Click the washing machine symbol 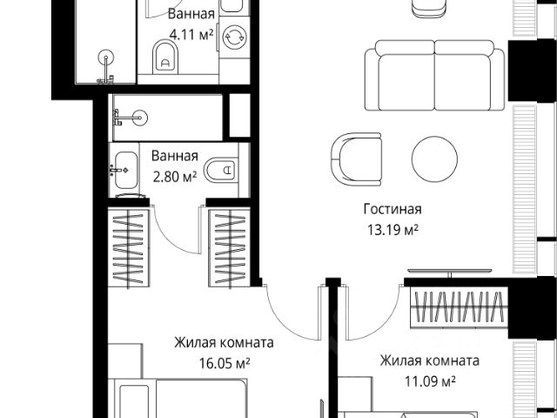[234, 37]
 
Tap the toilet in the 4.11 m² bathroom [165, 57]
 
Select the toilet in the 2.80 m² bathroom [221, 170]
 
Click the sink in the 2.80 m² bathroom [125, 171]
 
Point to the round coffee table [434, 158]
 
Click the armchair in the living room [356, 159]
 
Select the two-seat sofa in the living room [434, 76]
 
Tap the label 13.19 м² [393, 230]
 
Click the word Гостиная [393, 209]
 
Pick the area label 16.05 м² [225, 363]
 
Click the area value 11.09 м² [430, 381]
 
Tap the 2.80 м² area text [175, 177]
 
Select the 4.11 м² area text [191, 35]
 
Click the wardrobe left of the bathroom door [129, 247]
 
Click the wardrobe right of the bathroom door [230, 247]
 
